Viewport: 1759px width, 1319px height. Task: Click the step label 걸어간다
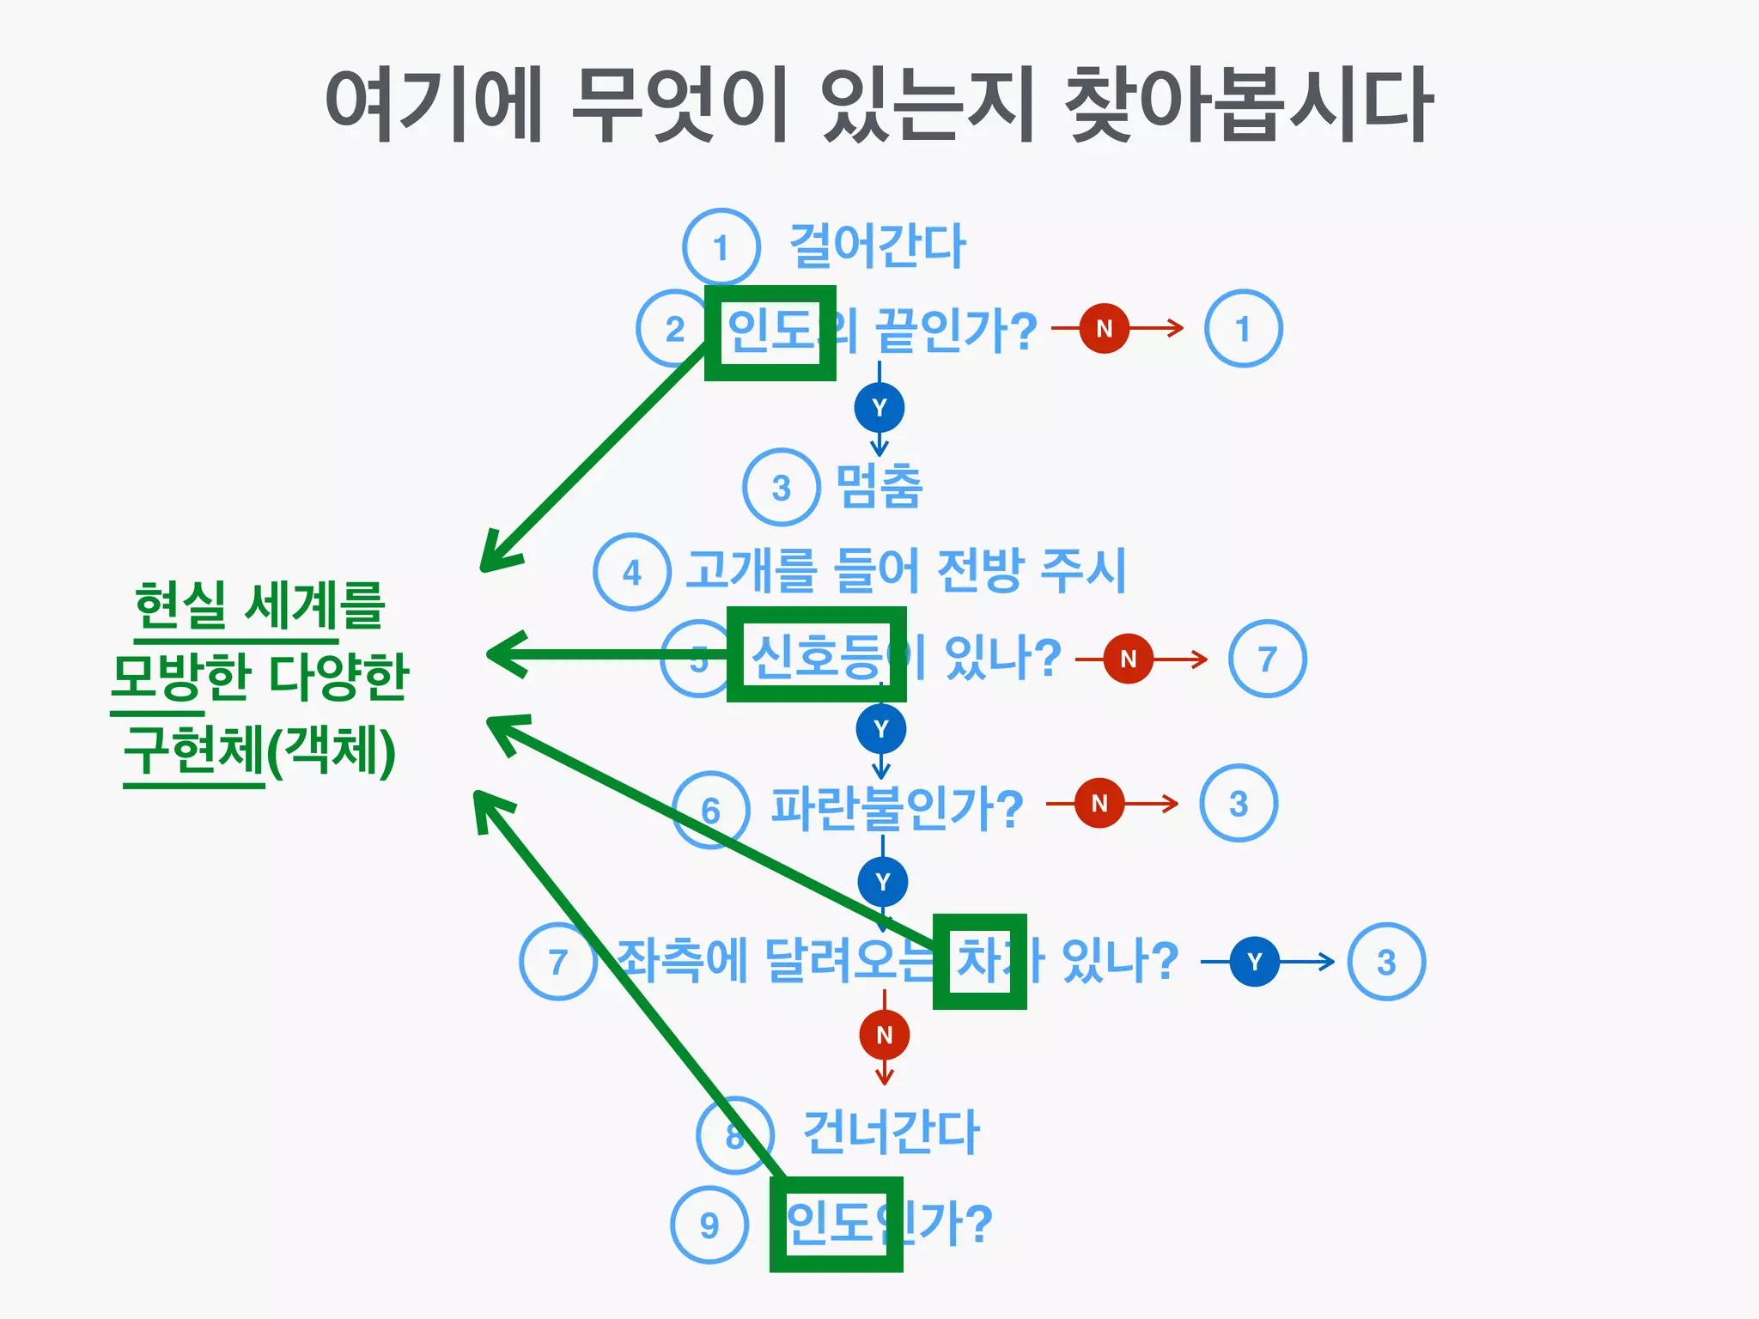click(877, 246)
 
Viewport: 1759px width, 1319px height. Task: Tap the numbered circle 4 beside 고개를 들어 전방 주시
click(631, 572)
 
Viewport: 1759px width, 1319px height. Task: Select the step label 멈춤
click(879, 486)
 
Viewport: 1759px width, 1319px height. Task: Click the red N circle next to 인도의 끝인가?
click(1104, 328)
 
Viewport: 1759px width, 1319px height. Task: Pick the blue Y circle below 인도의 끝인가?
click(879, 408)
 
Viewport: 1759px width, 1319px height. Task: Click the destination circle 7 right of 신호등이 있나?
click(1267, 659)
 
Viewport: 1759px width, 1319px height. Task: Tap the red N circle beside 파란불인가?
click(1099, 803)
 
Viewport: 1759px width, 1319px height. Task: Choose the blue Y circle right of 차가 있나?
click(1254, 962)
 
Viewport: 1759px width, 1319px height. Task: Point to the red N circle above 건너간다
click(884, 1035)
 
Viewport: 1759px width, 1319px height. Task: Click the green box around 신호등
click(816, 654)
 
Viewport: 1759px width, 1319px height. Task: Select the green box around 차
click(980, 961)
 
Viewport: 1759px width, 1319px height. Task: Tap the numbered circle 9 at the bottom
click(709, 1225)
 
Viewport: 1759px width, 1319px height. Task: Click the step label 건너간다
click(891, 1132)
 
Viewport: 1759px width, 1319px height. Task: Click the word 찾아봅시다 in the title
click(1248, 105)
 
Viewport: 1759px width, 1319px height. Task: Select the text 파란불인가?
click(897, 808)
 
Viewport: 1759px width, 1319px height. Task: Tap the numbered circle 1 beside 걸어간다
click(721, 247)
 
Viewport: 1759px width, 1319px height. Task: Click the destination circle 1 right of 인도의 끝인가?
click(1243, 328)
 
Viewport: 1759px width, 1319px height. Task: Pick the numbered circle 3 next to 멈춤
click(781, 487)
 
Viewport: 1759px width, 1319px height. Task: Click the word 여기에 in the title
click(435, 105)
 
